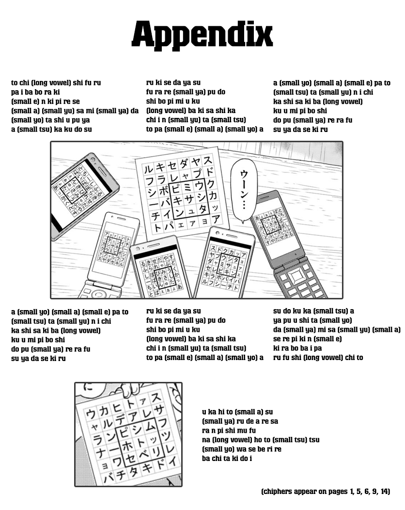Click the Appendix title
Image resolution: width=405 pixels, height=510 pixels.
202,34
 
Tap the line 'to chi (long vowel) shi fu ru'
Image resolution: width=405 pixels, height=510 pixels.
56,83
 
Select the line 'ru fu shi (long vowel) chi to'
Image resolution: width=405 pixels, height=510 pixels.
318,358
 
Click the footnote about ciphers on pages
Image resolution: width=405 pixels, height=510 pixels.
326,492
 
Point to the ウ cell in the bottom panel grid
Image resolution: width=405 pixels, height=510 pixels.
92,413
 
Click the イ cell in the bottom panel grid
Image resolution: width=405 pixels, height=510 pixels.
172,461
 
